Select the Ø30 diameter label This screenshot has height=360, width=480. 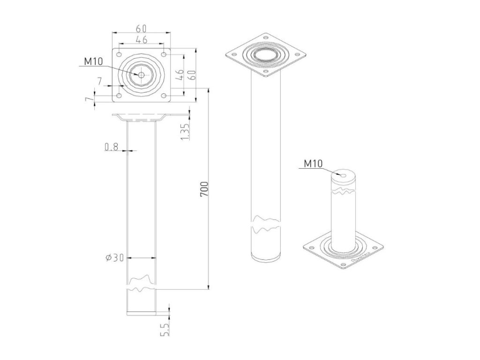point(115,257)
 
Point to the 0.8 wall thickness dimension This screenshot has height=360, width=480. point(111,147)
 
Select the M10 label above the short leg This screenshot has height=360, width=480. point(313,164)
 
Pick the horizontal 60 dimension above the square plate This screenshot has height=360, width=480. point(142,28)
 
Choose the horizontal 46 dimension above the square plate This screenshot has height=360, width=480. point(142,39)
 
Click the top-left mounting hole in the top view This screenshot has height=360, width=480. point(120,54)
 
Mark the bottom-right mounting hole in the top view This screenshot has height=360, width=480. point(164,96)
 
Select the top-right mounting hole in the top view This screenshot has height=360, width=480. point(164,54)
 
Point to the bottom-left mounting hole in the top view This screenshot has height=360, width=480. point(120,96)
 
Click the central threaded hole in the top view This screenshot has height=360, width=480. point(141,75)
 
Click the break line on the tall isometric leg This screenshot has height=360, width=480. point(266,225)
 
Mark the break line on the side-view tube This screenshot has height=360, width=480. point(141,284)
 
